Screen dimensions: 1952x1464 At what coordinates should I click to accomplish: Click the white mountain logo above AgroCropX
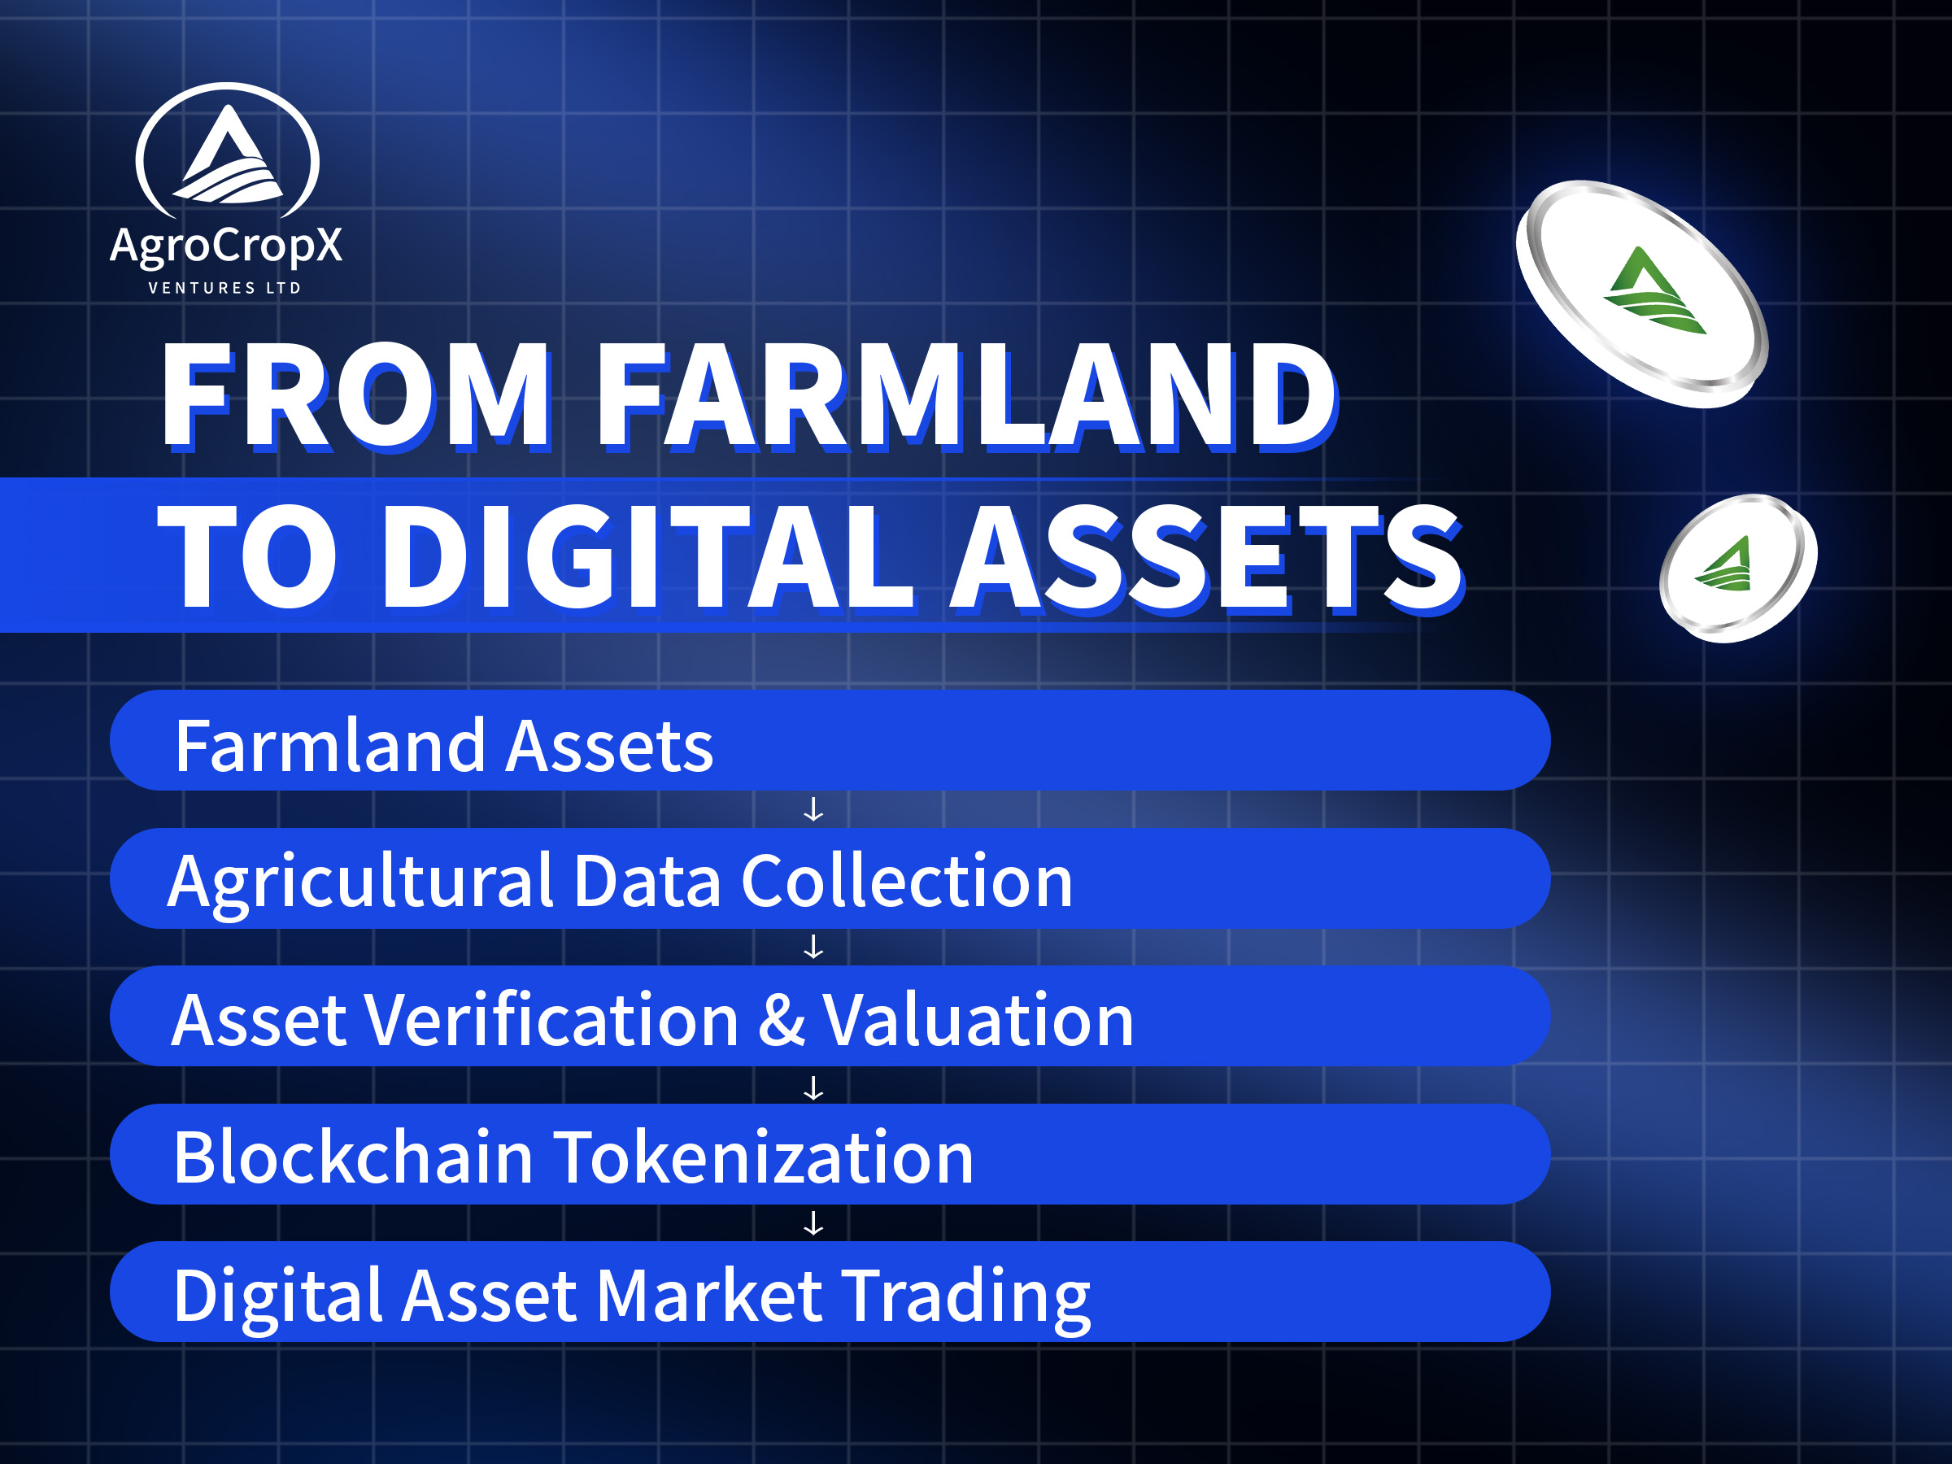point(228,152)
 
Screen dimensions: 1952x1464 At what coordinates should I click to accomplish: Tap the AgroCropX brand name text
point(226,246)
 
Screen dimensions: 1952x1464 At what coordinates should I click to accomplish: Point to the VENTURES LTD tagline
point(225,288)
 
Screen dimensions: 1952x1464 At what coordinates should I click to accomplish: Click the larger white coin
point(1642,294)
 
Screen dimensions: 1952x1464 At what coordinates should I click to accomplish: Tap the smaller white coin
point(1737,569)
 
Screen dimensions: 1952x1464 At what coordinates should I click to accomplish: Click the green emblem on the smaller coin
point(1724,563)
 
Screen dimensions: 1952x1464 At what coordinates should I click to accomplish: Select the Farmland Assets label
point(444,746)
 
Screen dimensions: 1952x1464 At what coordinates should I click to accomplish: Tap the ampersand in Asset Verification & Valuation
point(782,1019)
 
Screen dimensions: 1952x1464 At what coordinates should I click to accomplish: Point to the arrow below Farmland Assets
point(813,809)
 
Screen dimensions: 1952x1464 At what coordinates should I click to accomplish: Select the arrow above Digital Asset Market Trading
point(813,1223)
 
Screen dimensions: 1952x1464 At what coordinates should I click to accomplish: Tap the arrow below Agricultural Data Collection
point(813,947)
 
